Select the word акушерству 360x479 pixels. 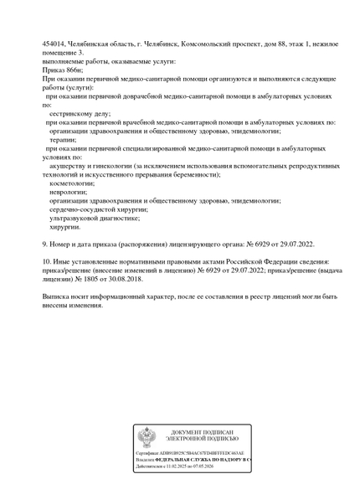pos(69,166)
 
